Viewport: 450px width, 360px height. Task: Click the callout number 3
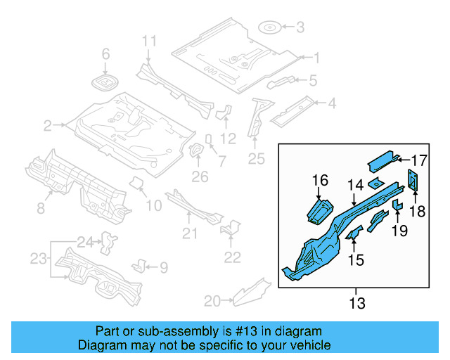point(300,28)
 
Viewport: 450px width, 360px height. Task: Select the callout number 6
point(106,53)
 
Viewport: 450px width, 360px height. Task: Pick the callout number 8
point(41,207)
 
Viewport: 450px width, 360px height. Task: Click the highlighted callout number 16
point(320,181)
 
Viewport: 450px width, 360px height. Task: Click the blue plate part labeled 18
point(413,181)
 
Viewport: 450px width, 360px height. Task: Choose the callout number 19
point(400,230)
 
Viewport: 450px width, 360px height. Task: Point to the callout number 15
point(356,260)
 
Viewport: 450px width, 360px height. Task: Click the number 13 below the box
point(356,304)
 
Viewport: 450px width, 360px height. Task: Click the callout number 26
point(200,176)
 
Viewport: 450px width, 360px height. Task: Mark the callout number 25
point(257,160)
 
